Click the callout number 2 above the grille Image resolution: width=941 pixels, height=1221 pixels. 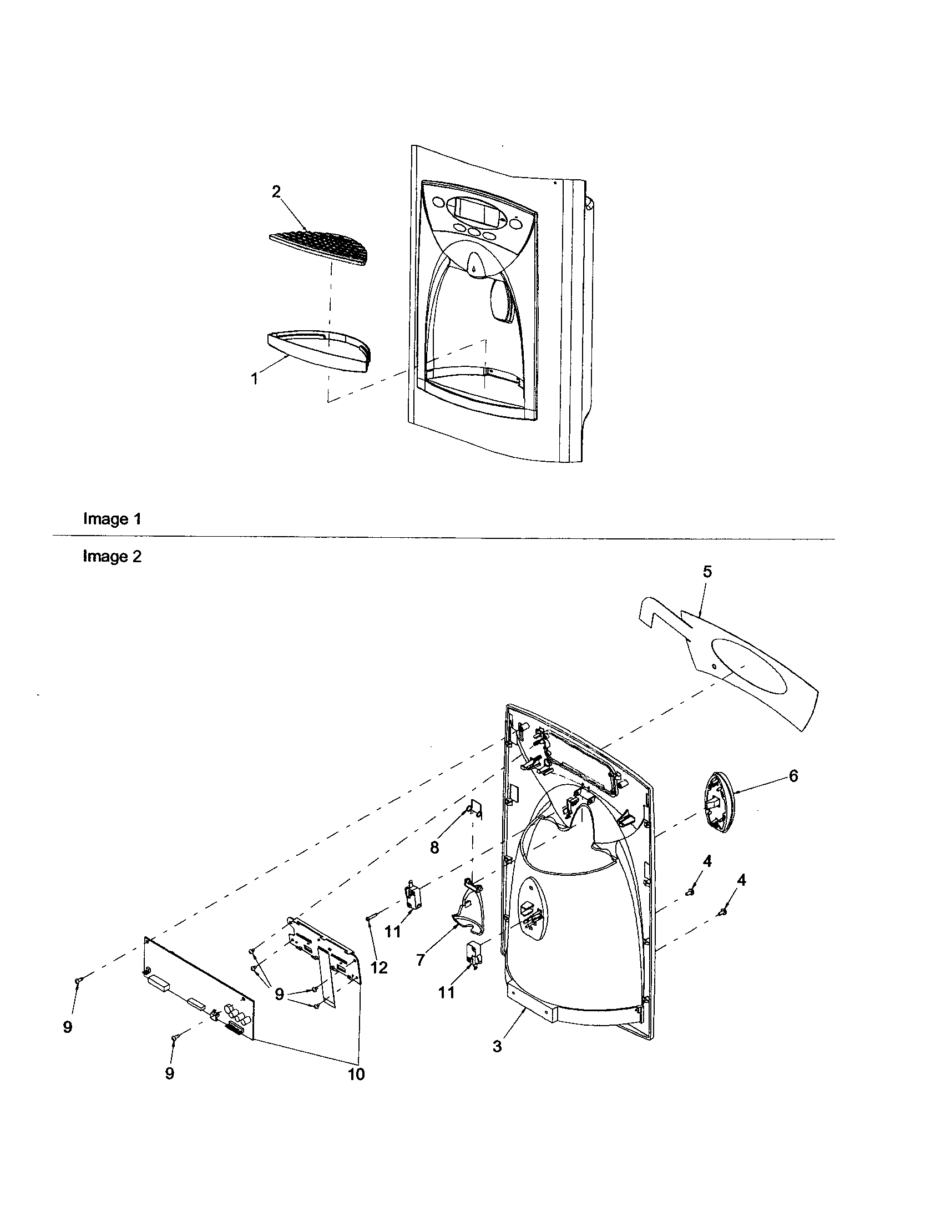coord(276,191)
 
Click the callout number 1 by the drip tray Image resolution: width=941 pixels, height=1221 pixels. coord(255,379)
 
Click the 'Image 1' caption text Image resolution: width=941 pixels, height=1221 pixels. coord(112,519)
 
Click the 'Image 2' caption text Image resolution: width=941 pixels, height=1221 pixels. coord(112,556)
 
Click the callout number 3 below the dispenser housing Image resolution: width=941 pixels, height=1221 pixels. coord(497,1046)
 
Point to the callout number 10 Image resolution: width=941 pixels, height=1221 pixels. coord(356,1074)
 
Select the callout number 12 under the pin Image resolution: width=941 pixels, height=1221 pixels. coord(379,968)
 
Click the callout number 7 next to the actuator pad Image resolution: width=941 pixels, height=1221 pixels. coord(421,960)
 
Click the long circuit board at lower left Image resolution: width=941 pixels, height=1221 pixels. coord(199,988)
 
